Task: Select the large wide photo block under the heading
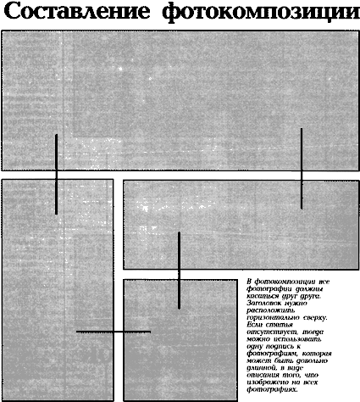(x=180, y=100)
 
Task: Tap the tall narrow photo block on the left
(x=58, y=288)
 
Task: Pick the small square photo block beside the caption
(x=180, y=339)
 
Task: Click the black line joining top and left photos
(x=56, y=173)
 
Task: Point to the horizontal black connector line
(x=113, y=332)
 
